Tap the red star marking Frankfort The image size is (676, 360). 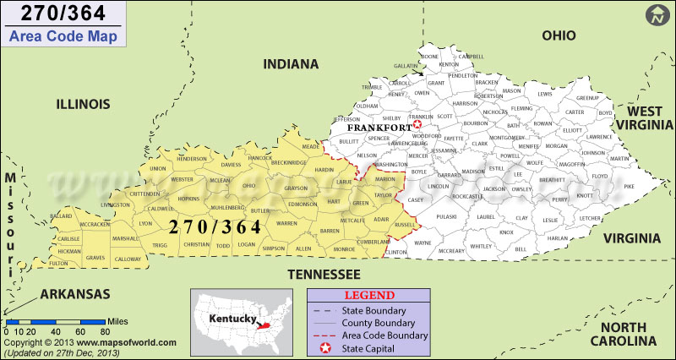417,125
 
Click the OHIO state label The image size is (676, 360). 559,35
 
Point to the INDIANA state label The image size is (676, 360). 291,64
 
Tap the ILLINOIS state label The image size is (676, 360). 83,104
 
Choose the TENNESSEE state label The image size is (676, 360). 324,274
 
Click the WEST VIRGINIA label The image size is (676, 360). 645,118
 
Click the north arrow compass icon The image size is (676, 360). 657,15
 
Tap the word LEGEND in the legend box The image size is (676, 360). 370,295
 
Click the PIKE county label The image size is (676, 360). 628,186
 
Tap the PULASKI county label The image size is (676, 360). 446,217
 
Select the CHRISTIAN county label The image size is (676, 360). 196,244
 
